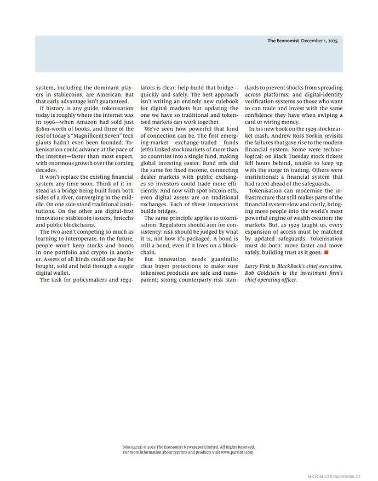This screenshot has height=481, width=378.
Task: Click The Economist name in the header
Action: coord(283,41)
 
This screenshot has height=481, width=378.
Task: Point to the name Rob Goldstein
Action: coord(262,273)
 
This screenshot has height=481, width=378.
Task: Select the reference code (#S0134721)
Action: coord(133,447)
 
